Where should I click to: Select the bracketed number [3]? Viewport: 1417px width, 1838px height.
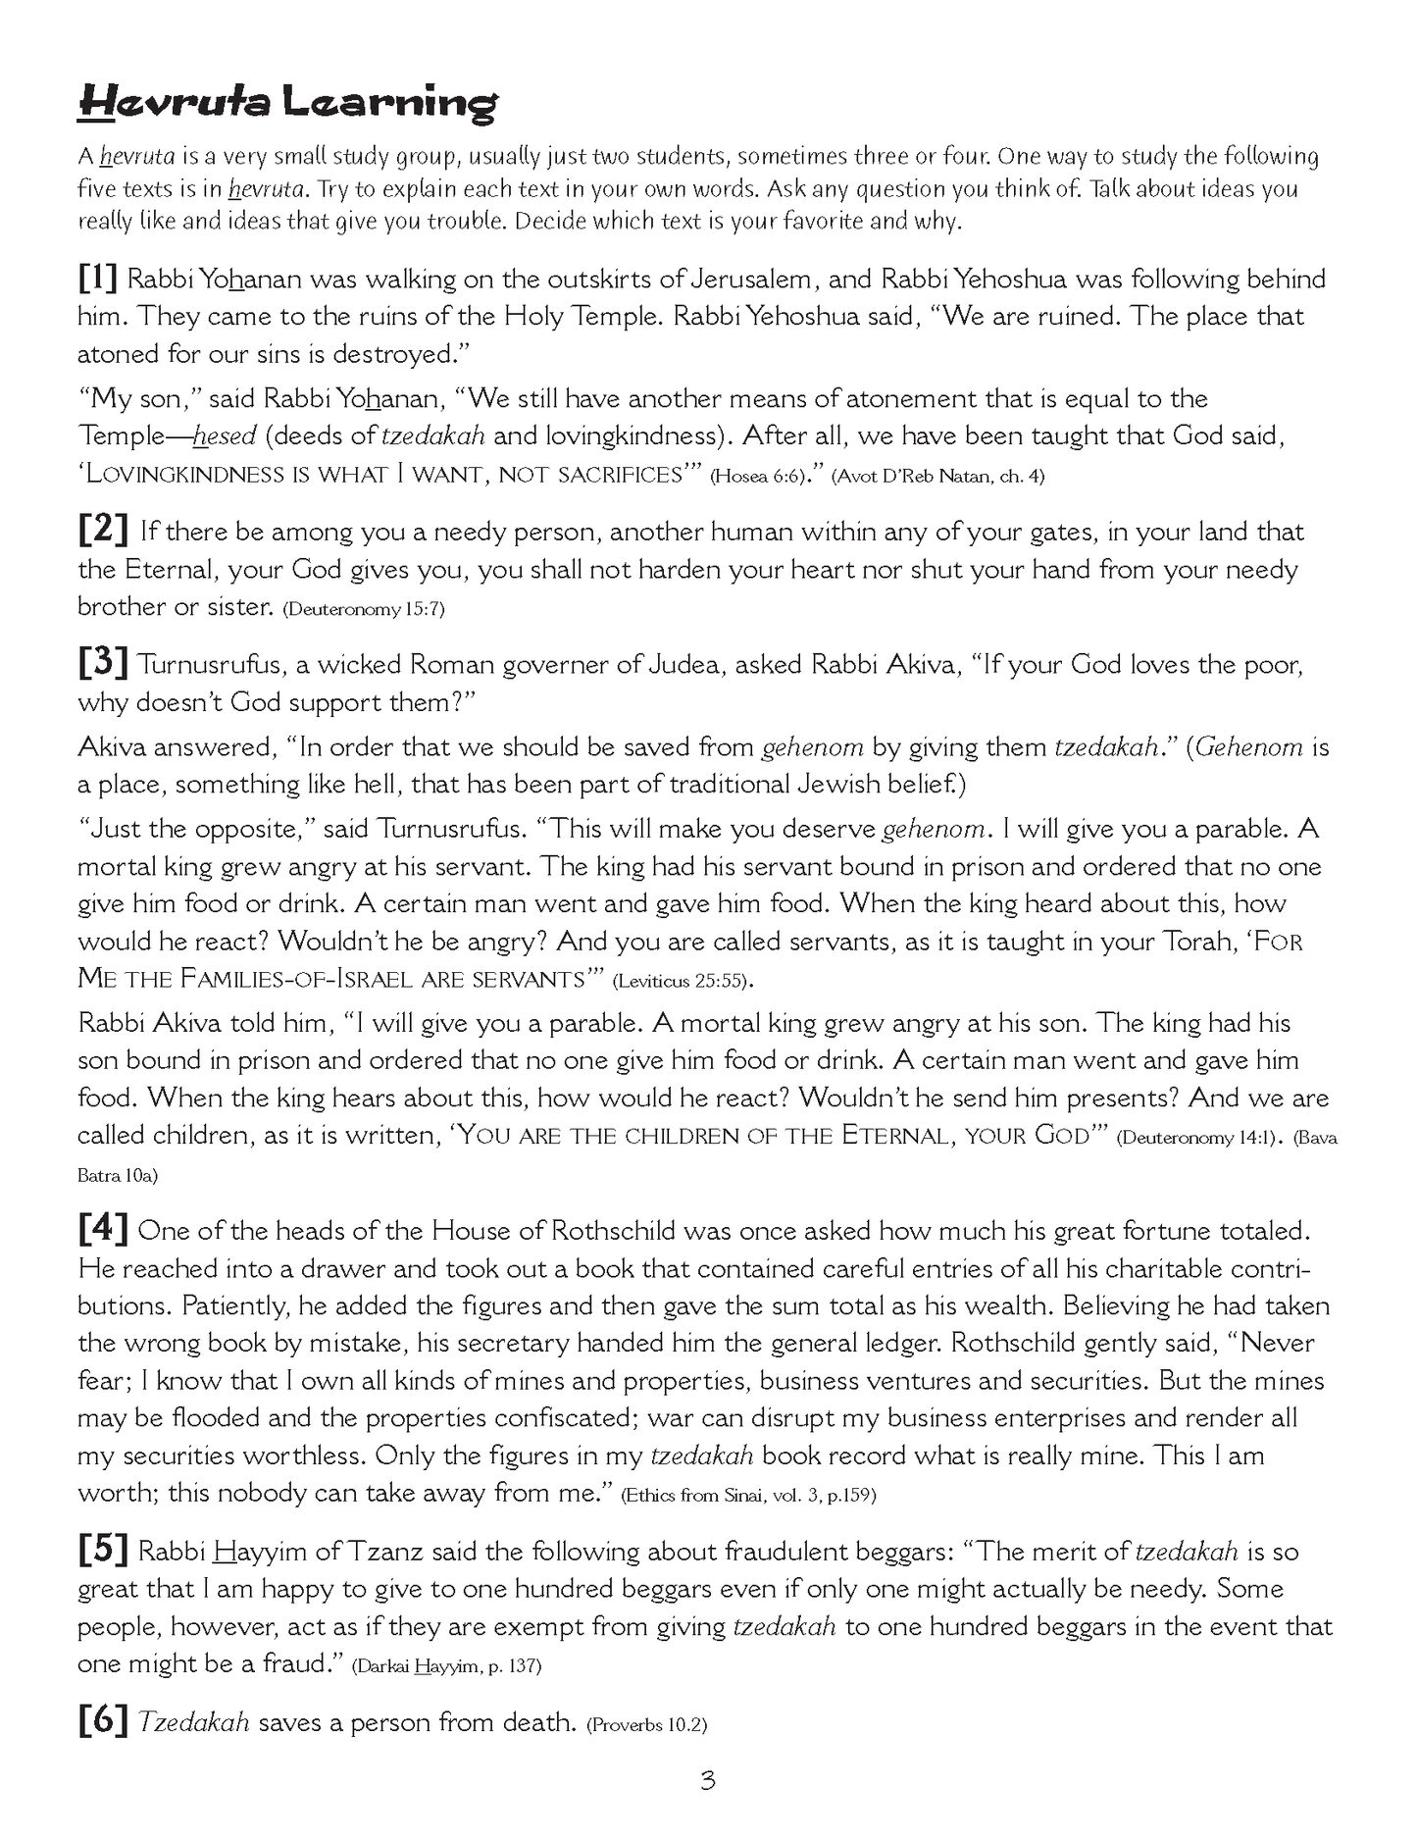(x=103, y=664)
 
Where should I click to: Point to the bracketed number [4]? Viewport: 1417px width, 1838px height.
(x=103, y=1230)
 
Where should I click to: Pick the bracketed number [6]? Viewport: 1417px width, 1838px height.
(x=103, y=1722)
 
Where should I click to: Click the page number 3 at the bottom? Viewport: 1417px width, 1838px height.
(x=708, y=1780)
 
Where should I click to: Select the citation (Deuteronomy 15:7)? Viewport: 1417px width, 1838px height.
(x=364, y=609)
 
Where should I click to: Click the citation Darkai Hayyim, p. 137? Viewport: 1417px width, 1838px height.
(x=446, y=1666)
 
